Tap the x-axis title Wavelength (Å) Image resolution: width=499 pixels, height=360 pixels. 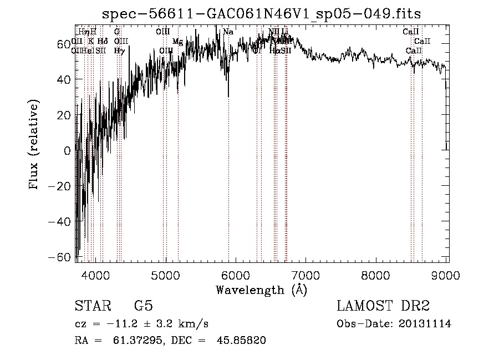coord(261,290)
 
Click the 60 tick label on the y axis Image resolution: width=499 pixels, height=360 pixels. coord(64,44)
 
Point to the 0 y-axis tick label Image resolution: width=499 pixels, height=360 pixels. coord(68,150)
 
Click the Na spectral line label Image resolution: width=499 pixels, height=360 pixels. coord(228,32)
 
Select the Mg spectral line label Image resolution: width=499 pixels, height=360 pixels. coord(177,42)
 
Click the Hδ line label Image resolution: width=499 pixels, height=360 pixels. coord(103,41)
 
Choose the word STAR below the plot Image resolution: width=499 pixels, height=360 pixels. coord(90,306)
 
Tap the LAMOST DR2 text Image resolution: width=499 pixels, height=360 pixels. coord(383,306)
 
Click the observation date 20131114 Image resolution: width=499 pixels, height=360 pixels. coord(426,324)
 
